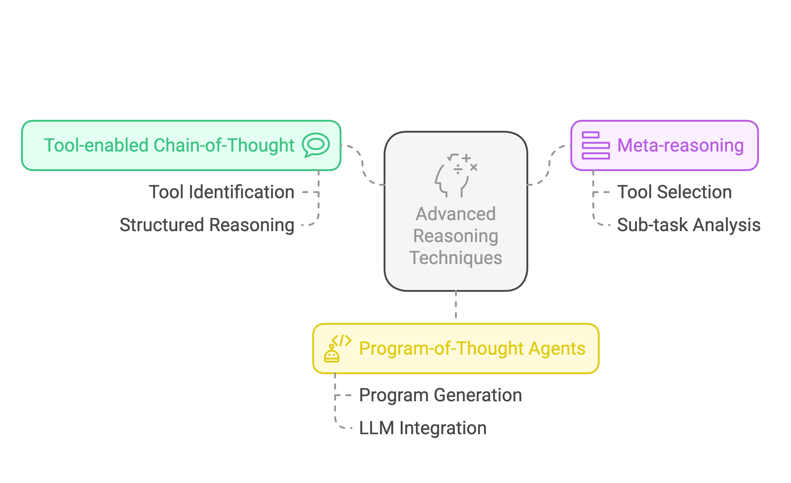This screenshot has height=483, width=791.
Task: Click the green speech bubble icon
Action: (x=316, y=145)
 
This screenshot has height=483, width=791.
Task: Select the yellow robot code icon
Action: (x=338, y=348)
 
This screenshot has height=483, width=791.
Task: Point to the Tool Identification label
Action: (x=222, y=192)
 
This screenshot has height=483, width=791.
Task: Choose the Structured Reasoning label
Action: (x=207, y=225)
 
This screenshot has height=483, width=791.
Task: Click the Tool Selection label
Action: (x=674, y=192)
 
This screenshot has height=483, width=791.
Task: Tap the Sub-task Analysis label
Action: (x=689, y=225)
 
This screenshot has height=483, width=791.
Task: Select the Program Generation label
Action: (x=440, y=395)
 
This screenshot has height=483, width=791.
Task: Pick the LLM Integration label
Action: (x=423, y=428)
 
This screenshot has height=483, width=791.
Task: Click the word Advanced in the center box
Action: (x=456, y=214)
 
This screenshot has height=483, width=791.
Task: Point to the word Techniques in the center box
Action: (x=456, y=258)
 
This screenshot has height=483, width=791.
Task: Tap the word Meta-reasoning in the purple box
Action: (x=681, y=145)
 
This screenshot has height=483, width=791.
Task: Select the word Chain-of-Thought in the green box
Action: (x=224, y=145)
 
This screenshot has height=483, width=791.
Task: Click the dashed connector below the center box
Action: (x=456, y=304)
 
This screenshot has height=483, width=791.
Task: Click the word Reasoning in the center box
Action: (x=456, y=236)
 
